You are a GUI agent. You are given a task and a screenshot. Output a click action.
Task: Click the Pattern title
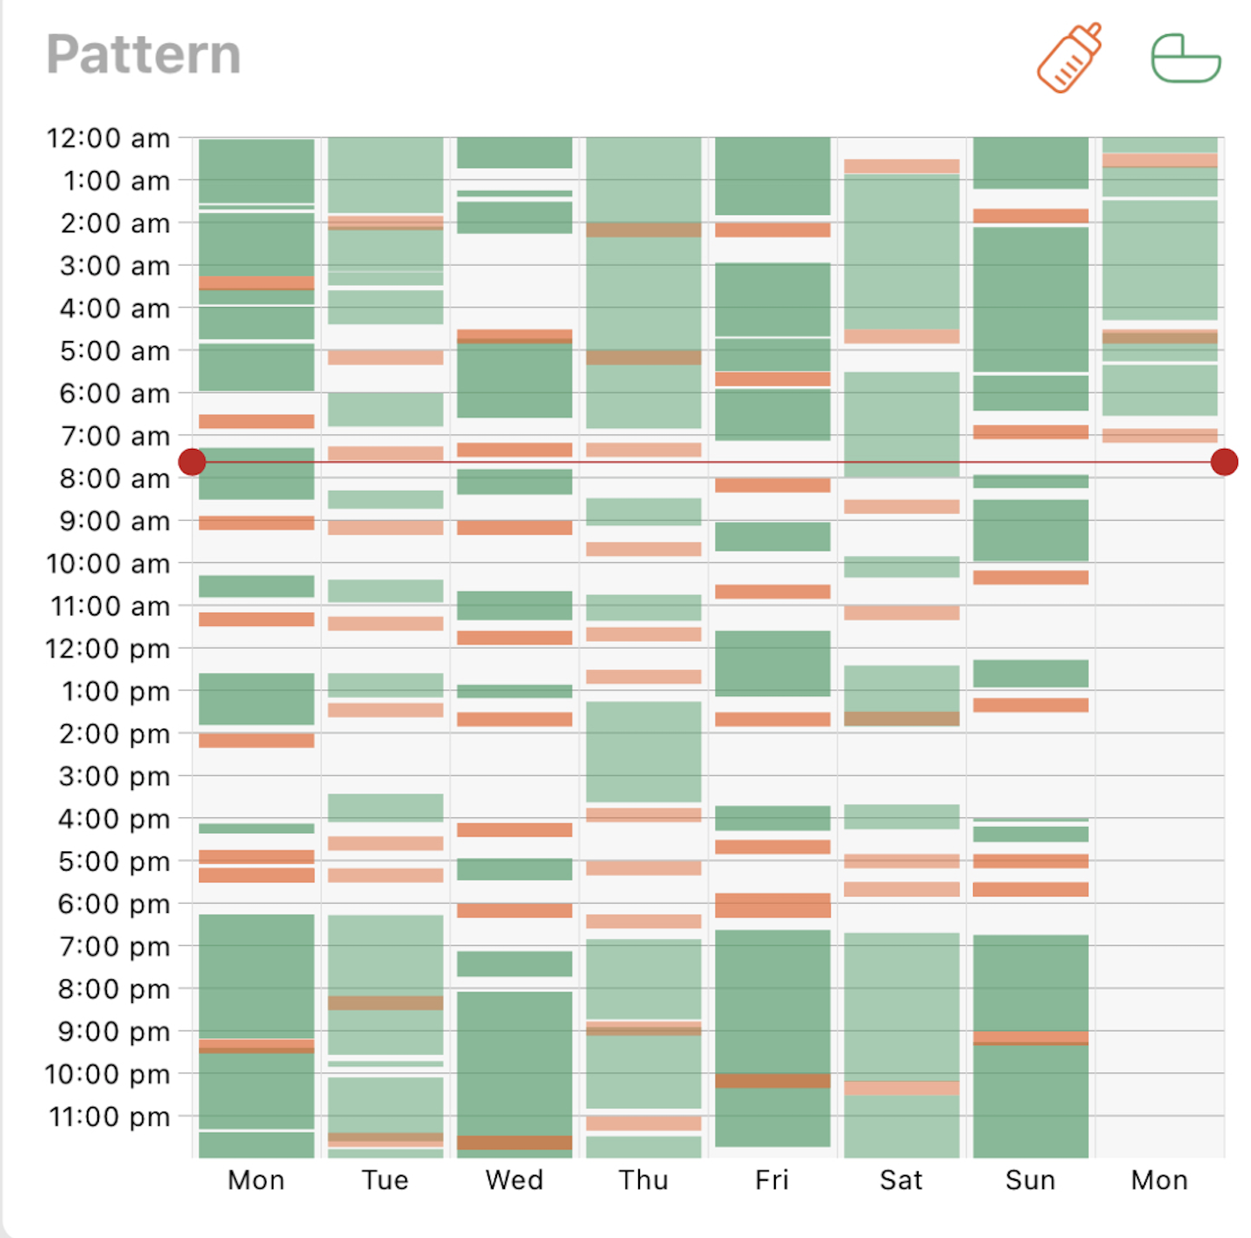point(143,54)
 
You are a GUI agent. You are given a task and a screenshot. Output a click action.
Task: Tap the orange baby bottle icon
point(1069,58)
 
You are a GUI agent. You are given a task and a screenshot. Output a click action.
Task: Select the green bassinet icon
point(1185,59)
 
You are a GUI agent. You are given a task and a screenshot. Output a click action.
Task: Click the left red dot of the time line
point(192,462)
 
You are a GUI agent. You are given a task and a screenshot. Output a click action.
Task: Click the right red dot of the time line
point(1224,462)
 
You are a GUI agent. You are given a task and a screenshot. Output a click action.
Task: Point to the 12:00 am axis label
point(108,139)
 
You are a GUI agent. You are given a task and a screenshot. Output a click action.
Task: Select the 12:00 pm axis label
point(108,649)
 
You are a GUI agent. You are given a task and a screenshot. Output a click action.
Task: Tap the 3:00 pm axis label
point(115,777)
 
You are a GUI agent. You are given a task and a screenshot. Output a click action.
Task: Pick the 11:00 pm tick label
point(109,1117)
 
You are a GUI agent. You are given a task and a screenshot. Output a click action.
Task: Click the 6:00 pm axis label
point(114,904)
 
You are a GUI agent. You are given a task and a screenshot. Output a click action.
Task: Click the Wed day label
point(514,1180)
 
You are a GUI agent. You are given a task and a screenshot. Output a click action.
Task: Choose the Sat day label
point(901,1180)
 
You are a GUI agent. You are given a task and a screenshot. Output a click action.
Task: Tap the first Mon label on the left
point(256,1180)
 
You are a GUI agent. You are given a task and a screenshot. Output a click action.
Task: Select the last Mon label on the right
point(1159,1180)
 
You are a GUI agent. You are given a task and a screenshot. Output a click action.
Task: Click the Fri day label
point(771,1180)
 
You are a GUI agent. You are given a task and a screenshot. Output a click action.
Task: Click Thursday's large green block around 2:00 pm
point(643,751)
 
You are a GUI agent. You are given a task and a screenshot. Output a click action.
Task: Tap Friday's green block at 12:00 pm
point(772,663)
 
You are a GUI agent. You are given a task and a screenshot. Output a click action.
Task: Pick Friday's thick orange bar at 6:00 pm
point(772,905)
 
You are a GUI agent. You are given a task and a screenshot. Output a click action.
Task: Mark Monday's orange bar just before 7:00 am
point(256,422)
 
